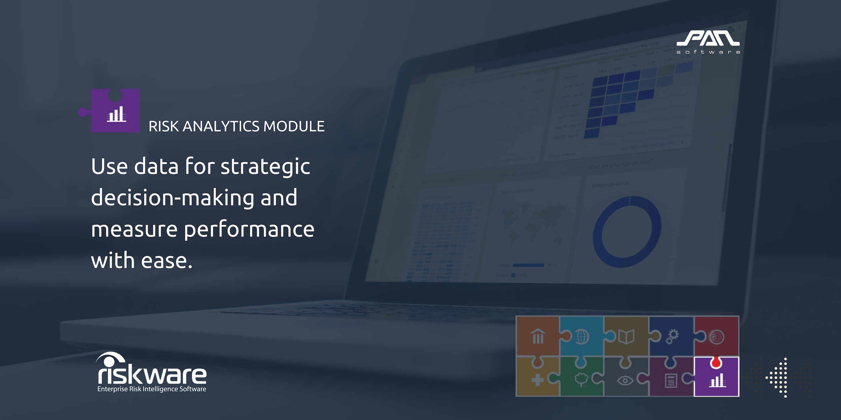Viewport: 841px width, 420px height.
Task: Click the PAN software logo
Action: (x=708, y=42)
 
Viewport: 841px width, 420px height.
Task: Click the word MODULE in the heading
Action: (x=294, y=127)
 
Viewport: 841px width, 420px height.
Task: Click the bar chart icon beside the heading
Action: (x=116, y=114)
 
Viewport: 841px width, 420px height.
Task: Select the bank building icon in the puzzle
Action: (x=538, y=336)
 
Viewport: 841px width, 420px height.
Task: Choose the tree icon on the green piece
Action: (x=581, y=380)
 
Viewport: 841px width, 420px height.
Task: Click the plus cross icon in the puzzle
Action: (x=538, y=380)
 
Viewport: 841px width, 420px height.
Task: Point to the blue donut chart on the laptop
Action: (x=627, y=232)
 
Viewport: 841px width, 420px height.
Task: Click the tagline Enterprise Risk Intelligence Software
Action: (x=152, y=389)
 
